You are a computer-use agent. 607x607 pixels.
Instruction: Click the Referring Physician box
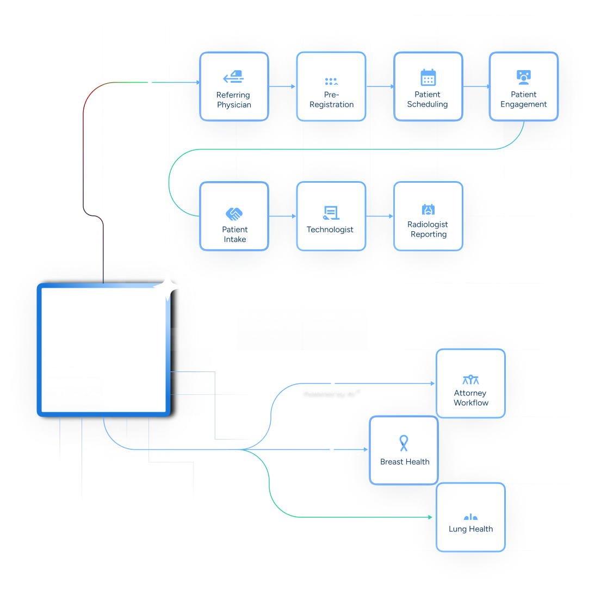pyautogui.click(x=234, y=86)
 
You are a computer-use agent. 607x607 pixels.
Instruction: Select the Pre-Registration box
pyautogui.click(x=331, y=86)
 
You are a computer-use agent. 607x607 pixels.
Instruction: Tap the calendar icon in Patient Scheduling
pyautogui.click(x=428, y=77)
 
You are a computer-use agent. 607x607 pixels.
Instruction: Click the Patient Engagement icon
pyautogui.click(x=524, y=77)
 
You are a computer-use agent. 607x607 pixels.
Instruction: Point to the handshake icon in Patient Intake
pyautogui.click(x=234, y=214)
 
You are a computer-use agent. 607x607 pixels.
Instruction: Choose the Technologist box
pyautogui.click(x=331, y=216)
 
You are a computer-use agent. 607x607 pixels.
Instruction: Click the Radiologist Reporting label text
pyautogui.click(x=428, y=230)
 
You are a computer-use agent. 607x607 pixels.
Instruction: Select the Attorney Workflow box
pyautogui.click(x=470, y=383)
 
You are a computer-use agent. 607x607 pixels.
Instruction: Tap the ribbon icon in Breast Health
pyautogui.click(x=404, y=443)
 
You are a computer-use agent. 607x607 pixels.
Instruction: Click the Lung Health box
pyautogui.click(x=470, y=517)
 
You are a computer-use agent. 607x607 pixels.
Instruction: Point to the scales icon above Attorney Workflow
pyautogui.click(x=470, y=380)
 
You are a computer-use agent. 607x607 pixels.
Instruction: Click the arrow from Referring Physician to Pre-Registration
pyautogui.click(x=283, y=86)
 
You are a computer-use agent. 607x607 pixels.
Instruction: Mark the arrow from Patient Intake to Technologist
pyautogui.click(x=283, y=216)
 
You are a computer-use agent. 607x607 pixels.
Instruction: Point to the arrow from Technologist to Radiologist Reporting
pyautogui.click(x=380, y=216)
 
